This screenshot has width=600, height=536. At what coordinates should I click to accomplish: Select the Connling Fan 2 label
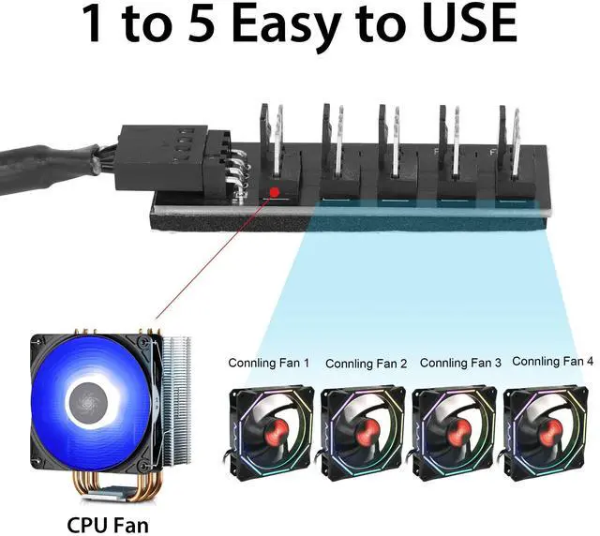pos(366,363)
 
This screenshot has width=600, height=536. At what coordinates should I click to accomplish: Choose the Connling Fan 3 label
pos(460,362)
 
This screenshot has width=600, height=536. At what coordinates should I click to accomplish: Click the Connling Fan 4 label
pos(553,361)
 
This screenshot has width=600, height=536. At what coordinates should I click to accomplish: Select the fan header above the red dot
pos(276,150)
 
